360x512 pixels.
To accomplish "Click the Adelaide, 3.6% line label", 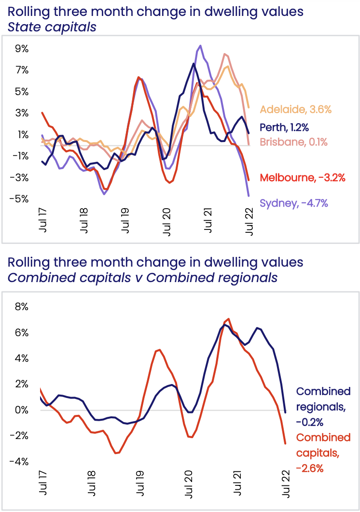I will point(296,110).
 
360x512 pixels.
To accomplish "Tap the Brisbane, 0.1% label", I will point(293,142).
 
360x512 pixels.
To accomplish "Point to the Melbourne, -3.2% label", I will point(303,177).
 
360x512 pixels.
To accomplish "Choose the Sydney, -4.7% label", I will point(294,203).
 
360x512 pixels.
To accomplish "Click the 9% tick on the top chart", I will point(22,49).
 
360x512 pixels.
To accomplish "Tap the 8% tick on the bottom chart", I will point(22,307).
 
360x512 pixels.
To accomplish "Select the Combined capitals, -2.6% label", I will point(323,453).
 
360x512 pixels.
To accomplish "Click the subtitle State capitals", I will point(52,27).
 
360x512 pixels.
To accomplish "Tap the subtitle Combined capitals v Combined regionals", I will point(142,278).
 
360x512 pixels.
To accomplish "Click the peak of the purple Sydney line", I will point(200,46).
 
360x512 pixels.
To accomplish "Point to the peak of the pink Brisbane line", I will point(225,54).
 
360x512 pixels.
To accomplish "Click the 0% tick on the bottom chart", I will point(22,410).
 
